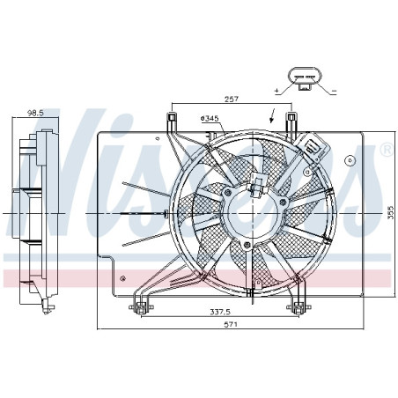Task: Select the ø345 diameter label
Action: coord(210,119)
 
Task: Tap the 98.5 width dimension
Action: coord(34,114)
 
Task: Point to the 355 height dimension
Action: coord(388,213)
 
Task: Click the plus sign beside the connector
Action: coord(277,91)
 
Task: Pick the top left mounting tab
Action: coord(173,121)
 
